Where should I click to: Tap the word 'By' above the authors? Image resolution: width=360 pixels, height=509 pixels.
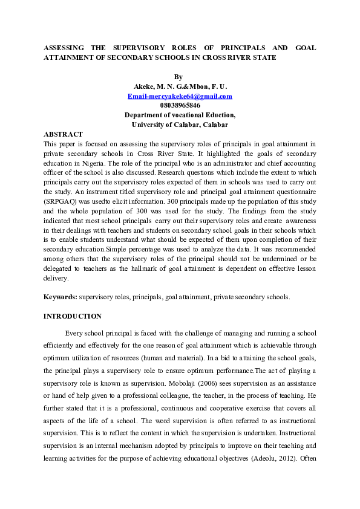[178, 77]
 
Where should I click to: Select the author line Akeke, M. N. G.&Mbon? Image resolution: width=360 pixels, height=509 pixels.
[180, 86]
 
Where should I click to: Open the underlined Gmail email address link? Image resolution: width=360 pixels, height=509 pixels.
[180, 96]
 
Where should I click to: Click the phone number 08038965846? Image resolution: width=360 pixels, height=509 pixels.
[180, 105]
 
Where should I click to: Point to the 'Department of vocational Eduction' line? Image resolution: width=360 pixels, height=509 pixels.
[180, 115]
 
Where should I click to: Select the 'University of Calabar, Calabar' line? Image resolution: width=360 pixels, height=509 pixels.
[180, 125]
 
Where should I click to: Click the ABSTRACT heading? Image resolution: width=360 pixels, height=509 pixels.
[63, 134]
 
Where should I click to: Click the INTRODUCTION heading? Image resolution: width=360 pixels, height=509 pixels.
[73, 316]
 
